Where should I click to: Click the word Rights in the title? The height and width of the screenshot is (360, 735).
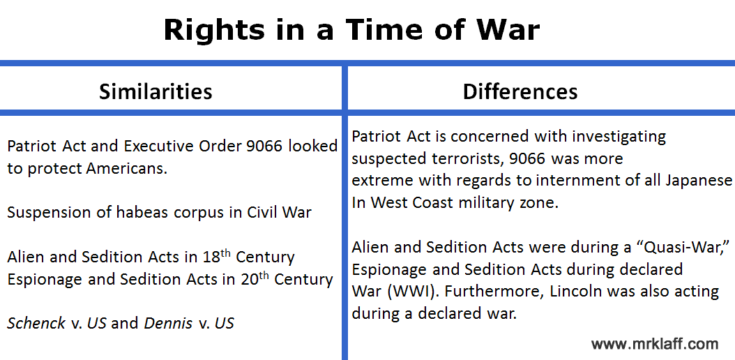[214, 29]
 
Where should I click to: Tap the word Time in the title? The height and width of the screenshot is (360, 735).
[383, 29]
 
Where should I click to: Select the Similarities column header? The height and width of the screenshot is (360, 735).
[156, 91]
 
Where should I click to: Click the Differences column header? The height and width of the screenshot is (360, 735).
[520, 91]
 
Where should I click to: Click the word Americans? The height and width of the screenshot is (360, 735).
[126, 168]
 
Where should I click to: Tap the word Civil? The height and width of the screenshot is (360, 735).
[262, 212]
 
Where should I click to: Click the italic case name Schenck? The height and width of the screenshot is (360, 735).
[36, 323]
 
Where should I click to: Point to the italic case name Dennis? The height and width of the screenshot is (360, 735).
[168, 323]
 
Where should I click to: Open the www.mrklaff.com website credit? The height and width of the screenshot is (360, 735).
[654, 343]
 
